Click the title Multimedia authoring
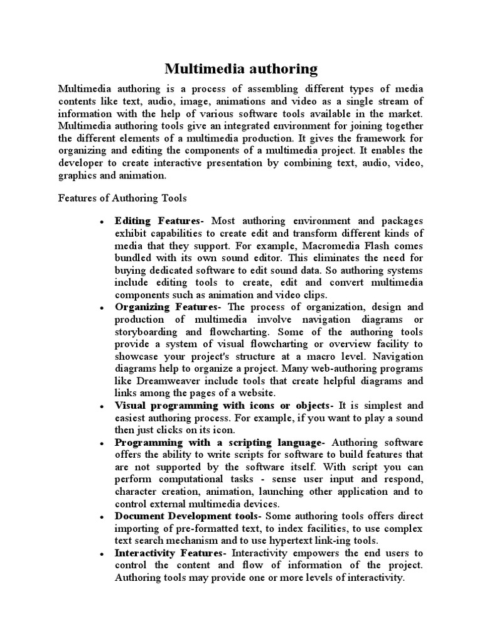click(241, 68)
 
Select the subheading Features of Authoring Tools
click(122, 198)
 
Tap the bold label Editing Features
click(159, 220)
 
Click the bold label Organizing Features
click(168, 307)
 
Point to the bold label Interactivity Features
click(170, 553)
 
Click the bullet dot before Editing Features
click(101, 222)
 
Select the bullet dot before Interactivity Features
click(101, 554)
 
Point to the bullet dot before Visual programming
click(101, 407)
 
